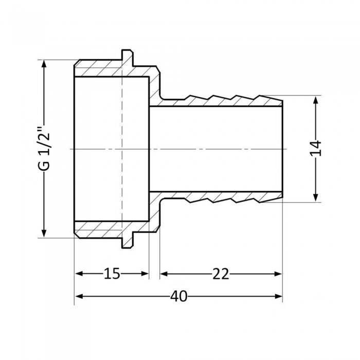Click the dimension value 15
point(112,274)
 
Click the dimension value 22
point(221,274)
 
